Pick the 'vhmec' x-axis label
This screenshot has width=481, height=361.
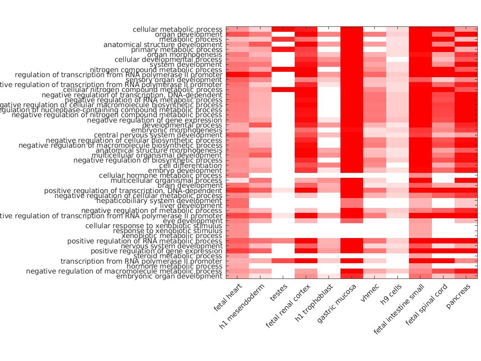point(370,293)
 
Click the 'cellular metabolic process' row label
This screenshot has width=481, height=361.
point(177,30)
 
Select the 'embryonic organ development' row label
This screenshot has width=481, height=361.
point(169,276)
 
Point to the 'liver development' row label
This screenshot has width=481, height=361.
point(191,206)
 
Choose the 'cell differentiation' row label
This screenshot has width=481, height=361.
point(190,165)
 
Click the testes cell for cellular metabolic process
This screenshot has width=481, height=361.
point(283,29)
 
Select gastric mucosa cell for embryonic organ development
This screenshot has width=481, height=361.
point(352,276)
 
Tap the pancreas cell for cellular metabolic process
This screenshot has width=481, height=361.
point(466,29)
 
